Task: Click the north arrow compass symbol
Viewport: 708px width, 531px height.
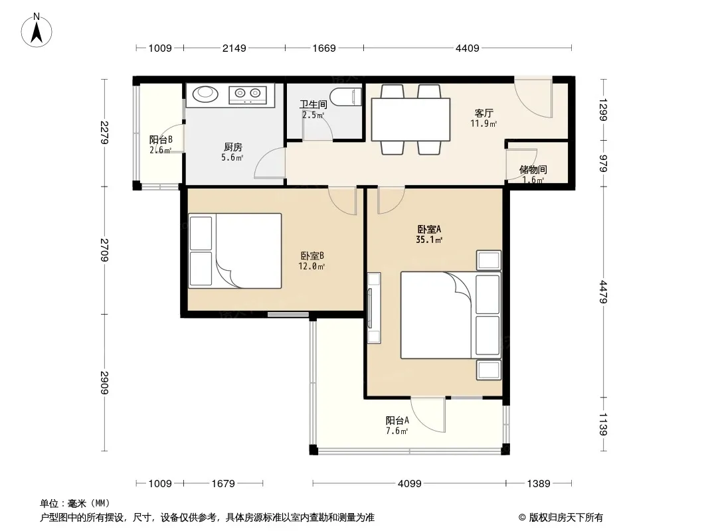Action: (x=37, y=31)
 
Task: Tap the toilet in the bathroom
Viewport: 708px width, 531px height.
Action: (x=346, y=97)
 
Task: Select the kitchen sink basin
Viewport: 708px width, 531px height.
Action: (x=205, y=94)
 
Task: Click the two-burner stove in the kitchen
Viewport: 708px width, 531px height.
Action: (x=248, y=94)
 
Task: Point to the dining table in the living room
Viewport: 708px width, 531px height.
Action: (x=410, y=119)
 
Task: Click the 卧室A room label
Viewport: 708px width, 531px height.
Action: (x=429, y=229)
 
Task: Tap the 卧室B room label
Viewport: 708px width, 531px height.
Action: (x=312, y=256)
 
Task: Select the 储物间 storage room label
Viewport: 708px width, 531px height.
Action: (x=533, y=170)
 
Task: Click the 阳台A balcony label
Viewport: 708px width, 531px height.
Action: (x=397, y=420)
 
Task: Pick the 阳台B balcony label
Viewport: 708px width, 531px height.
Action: (x=161, y=140)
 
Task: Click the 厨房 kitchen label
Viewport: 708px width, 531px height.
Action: (x=233, y=147)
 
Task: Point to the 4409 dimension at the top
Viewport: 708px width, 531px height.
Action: (x=467, y=48)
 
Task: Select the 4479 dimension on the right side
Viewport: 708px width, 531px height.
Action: (x=604, y=292)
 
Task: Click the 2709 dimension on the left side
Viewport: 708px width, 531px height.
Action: (x=104, y=250)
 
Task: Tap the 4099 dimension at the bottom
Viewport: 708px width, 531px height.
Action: (x=409, y=484)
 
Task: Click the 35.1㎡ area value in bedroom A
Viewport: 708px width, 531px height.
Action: (x=429, y=240)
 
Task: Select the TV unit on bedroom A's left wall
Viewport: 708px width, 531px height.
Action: (x=374, y=308)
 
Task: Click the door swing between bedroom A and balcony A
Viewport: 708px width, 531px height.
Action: (x=428, y=415)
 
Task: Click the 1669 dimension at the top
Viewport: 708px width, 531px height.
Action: (x=324, y=48)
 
